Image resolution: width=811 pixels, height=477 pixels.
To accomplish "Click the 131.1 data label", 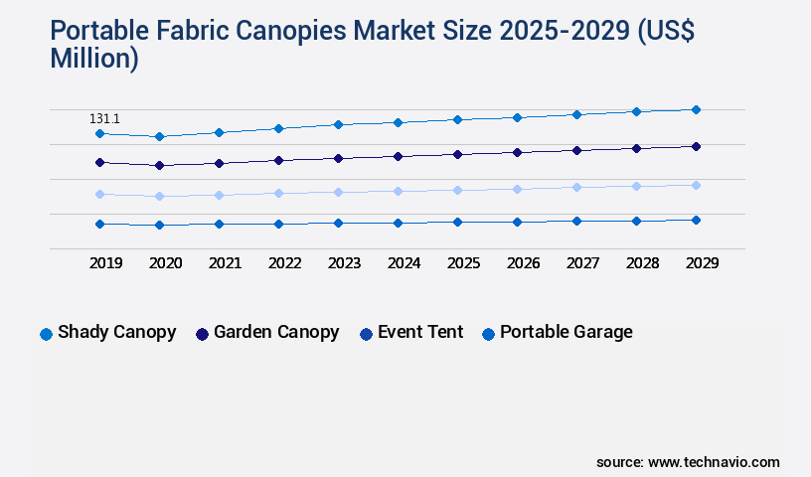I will click(104, 119).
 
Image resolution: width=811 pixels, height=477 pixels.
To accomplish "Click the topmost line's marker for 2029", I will click(696, 109).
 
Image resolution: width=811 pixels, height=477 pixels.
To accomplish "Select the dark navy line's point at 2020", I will click(159, 165).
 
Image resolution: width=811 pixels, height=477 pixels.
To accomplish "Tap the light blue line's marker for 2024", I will click(398, 191).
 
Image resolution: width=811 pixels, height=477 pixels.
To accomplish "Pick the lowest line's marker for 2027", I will click(576, 221).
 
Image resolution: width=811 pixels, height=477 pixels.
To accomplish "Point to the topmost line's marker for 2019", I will click(99, 133).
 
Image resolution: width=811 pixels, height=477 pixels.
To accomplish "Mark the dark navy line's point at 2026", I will click(517, 152).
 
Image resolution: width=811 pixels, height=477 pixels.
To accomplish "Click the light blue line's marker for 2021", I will click(219, 195).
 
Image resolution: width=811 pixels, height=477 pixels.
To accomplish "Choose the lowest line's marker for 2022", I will click(278, 224).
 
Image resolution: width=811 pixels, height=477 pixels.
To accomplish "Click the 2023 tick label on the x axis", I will click(344, 263).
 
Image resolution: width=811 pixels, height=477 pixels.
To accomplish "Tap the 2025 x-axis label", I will click(463, 263).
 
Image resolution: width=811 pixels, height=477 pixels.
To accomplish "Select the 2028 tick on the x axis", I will click(642, 263).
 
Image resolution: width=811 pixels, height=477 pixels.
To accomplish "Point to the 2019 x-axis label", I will click(105, 263).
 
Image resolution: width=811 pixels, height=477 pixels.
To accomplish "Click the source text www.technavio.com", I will click(714, 462).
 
